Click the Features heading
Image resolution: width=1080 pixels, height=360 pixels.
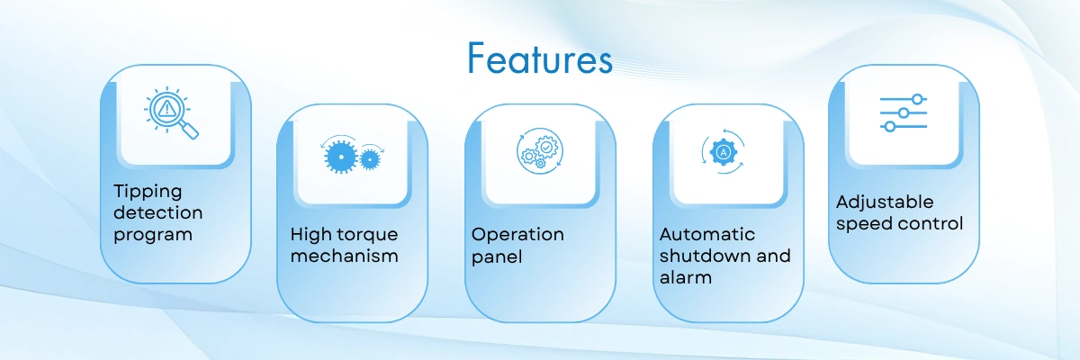pyautogui.click(x=539, y=58)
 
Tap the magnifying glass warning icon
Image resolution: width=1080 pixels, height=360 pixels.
pyautogui.click(x=171, y=113)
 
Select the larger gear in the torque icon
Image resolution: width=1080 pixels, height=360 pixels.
pyautogui.click(x=341, y=157)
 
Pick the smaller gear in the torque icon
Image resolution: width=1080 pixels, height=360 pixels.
pyautogui.click(x=370, y=159)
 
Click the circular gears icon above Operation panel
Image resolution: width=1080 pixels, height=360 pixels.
pyautogui.click(x=540, y=151)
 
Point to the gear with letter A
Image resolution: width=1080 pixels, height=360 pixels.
pyautogui.click(x=724, y=152)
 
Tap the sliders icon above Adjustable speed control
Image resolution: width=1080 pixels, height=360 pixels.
pyautogui.click(x=904, y=112)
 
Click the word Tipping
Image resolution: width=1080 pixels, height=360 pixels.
pyautogui.click(x=148, y=192)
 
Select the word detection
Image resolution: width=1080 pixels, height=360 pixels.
pyautogui.click(x=158, y=212)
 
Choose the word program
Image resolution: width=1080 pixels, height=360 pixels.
pyautogui.click(x=153, y=235)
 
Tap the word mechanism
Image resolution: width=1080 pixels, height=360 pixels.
pyautogui.click(x=344, y=256)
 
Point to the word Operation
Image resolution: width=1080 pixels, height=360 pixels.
pyautogui.click(x=517, y=235)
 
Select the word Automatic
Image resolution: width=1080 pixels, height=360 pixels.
pyautogui.click(x=707, y=234)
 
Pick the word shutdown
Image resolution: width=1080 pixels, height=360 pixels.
pyautogui.click(x=706, y=256)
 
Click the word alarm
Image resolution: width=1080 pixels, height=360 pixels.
pyautogui.click(x=686, y=277)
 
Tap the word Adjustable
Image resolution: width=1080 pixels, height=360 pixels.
pyautogui.click(x=885, y=202)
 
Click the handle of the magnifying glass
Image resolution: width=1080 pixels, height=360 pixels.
pyautogui.click(x=189, y=130)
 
